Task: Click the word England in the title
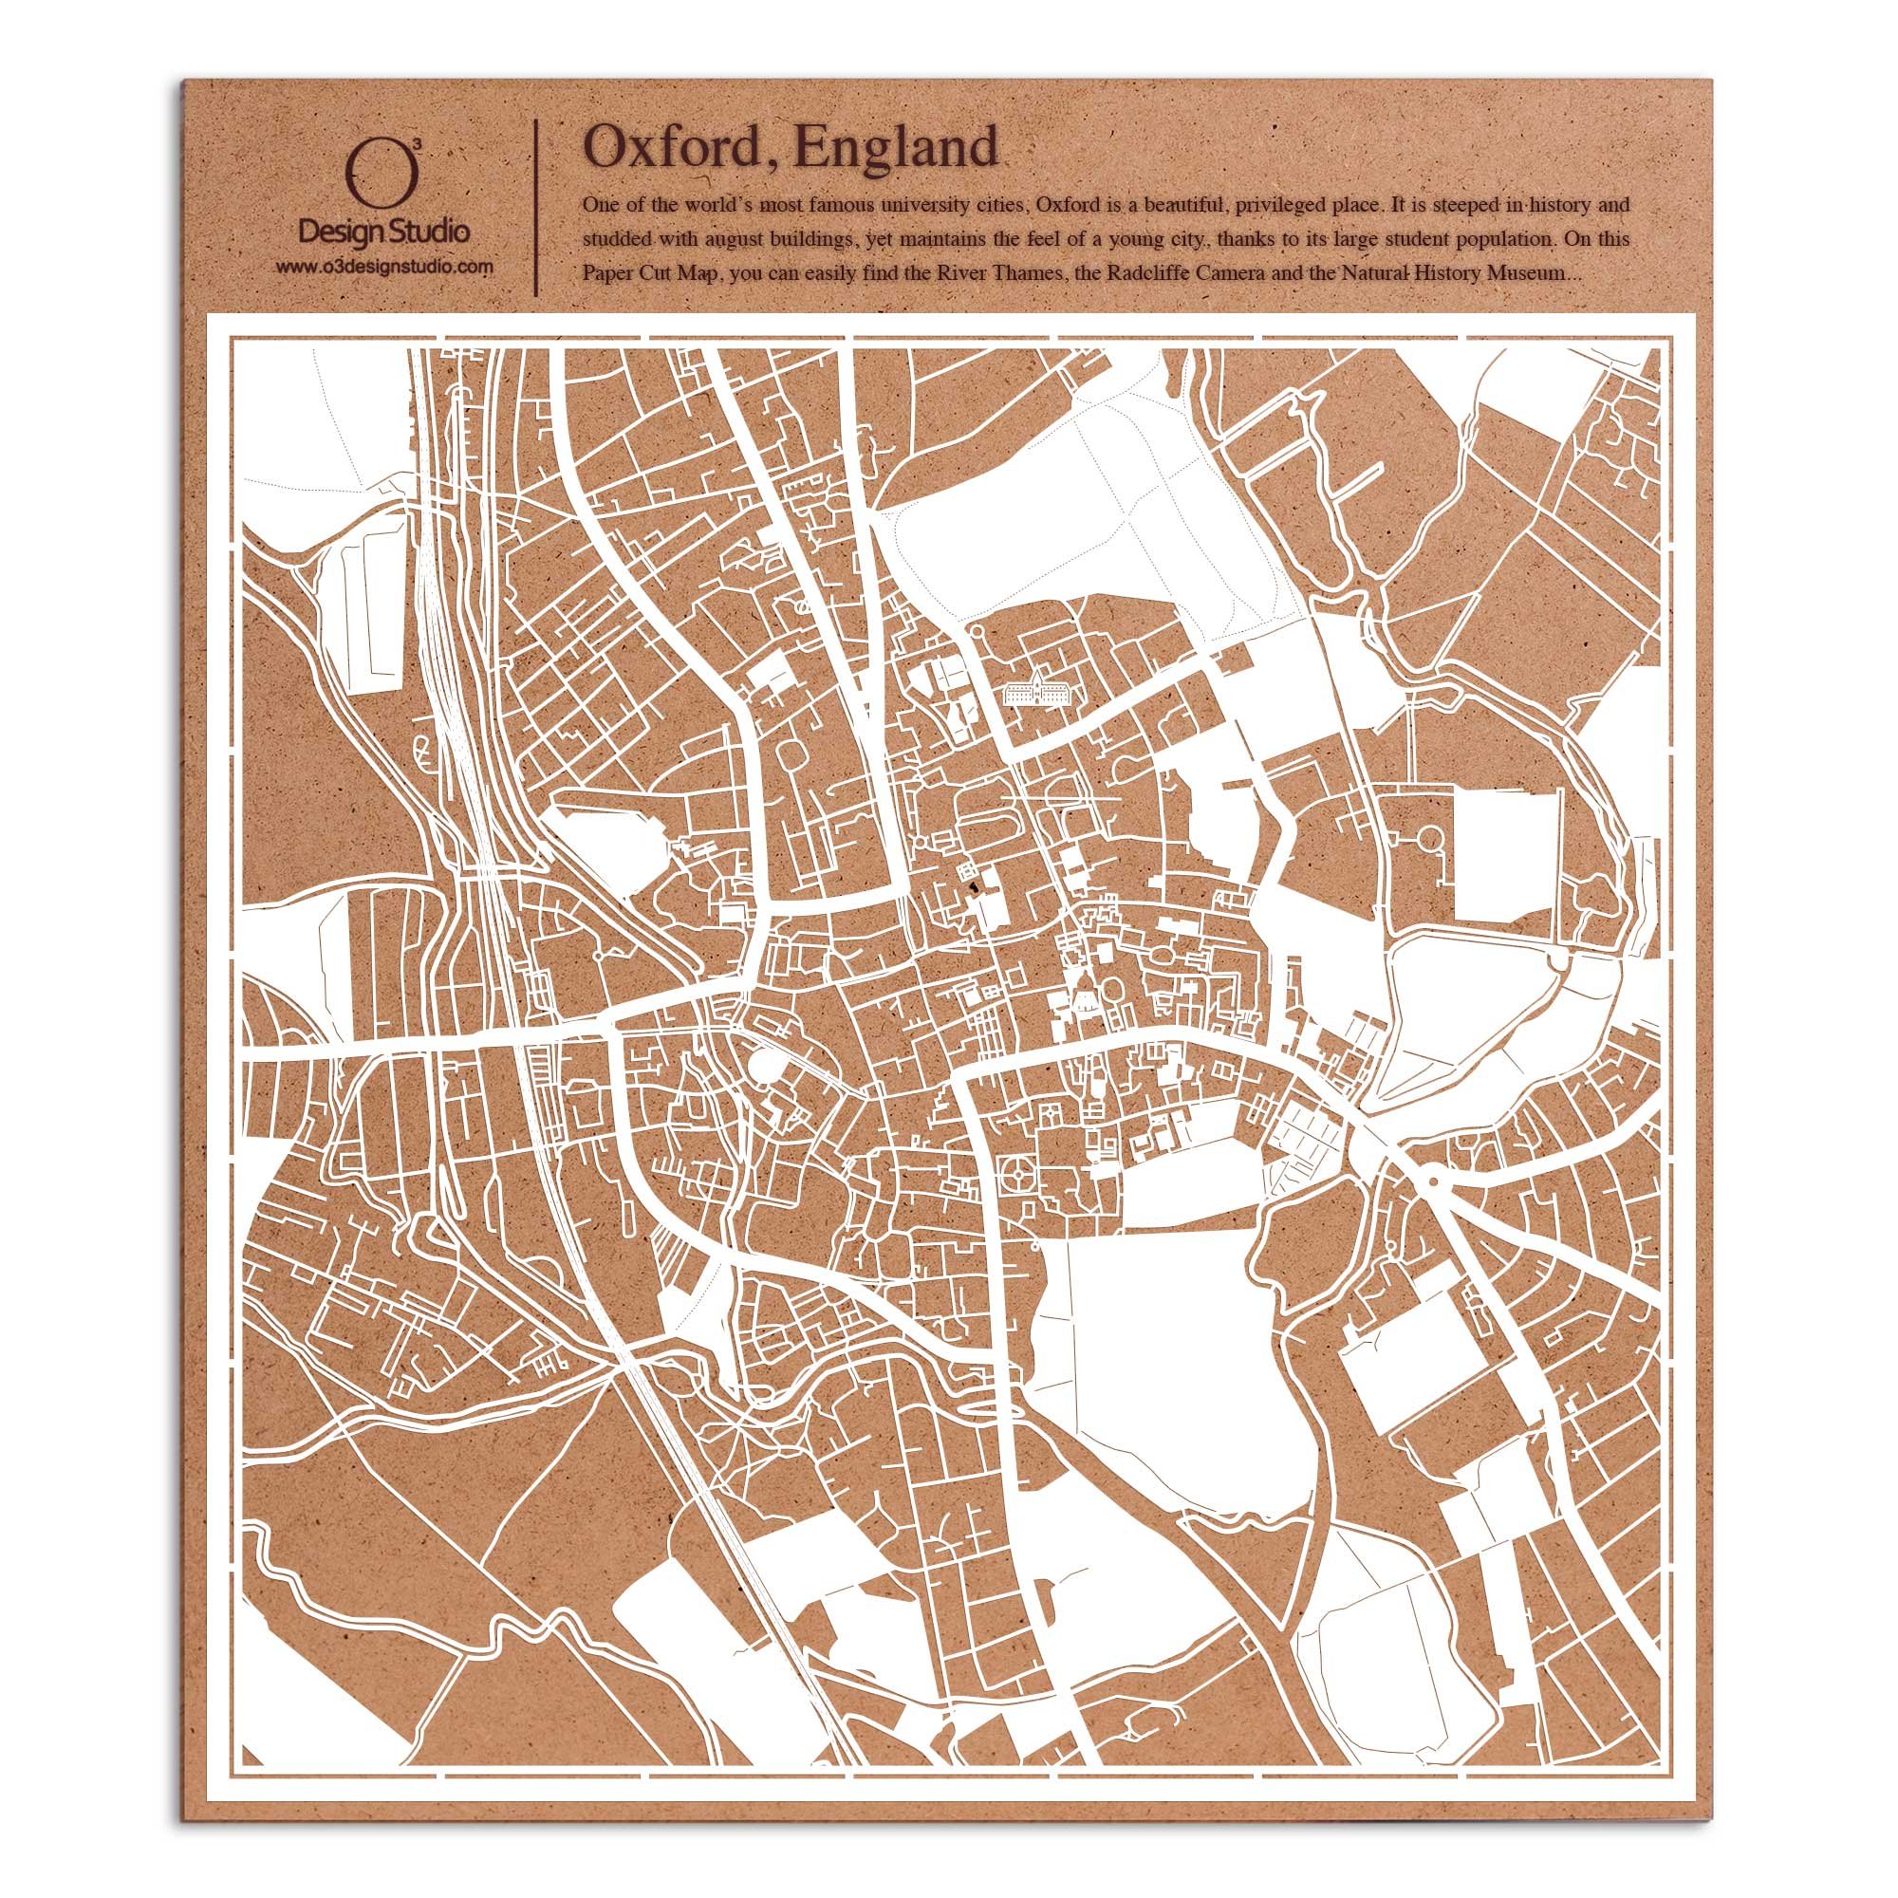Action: [896, 148]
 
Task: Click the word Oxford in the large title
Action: [678, 148]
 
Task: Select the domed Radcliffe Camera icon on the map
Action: [1083, 999]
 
